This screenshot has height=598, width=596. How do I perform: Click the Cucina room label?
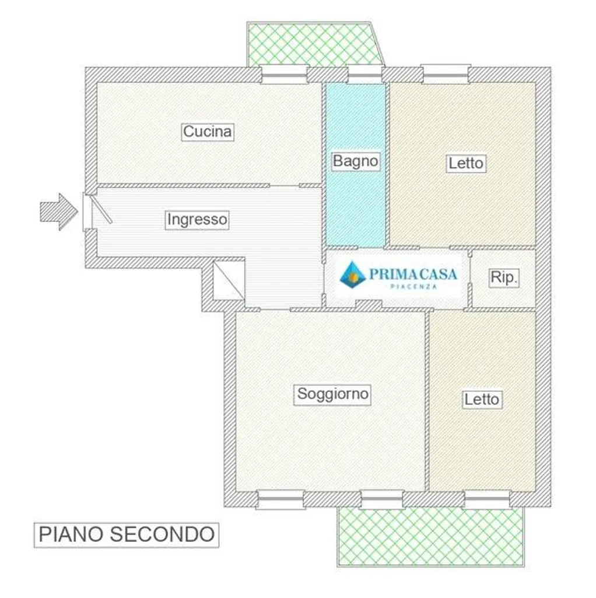207,132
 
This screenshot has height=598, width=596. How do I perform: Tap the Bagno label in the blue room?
355,161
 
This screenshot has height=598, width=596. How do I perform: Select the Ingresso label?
197,220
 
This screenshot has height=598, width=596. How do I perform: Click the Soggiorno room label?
332,394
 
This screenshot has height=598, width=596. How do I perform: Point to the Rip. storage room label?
503,277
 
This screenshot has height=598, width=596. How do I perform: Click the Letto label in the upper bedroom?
466,164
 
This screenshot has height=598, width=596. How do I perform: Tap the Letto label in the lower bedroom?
482,399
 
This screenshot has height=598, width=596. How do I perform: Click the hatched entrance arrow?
59,211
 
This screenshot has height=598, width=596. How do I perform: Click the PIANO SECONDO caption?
127,535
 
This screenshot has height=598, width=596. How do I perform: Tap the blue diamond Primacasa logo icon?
353,274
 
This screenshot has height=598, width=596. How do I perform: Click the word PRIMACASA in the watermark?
413,274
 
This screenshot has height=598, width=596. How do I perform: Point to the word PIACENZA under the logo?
413,287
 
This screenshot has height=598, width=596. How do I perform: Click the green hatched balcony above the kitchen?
314,44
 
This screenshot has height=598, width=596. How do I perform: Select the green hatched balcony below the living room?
430,537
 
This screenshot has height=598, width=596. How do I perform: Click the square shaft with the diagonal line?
229,280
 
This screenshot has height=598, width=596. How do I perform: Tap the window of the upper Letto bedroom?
445,74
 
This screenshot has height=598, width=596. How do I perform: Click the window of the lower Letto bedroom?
487,499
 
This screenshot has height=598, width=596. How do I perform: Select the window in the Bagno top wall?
364,74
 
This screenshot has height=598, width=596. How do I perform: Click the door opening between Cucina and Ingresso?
284,186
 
